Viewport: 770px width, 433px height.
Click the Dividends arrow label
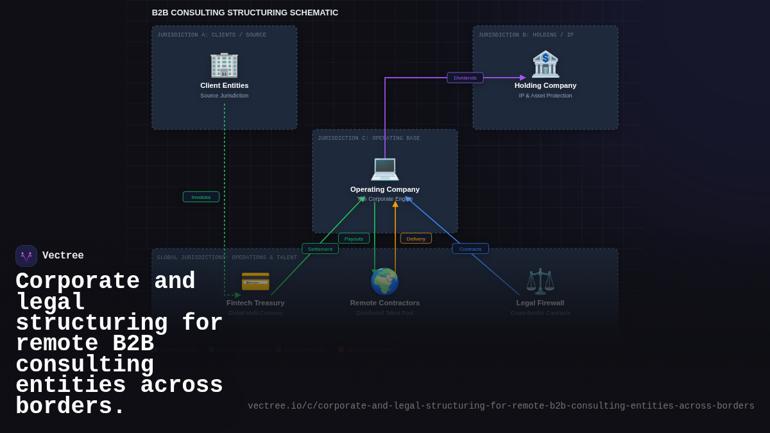click(x=465, y=78)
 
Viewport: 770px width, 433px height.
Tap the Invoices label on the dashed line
click(x=201, y=197)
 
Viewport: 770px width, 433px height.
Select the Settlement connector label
click(x=320, y=249)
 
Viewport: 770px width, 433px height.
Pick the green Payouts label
click(x=354, y=239)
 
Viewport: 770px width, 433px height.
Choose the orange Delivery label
click(x=416, y=239)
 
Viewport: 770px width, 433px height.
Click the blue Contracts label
click(x=470, y=249)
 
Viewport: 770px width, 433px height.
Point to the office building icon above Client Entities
click(x=224, y=64)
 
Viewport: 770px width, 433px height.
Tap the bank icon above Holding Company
click(x=545, y=64)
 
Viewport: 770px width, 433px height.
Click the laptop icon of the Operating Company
click(x=385, y=168)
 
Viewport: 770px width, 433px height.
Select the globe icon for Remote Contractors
click(x=385, y=282)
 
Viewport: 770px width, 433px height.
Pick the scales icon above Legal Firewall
click(x=540, y=282)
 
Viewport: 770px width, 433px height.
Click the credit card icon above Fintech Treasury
click(x=255, y=282)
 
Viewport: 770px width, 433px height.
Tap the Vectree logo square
click(x=26, y=256)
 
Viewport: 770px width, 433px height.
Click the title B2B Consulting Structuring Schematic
click(x=245, y=13)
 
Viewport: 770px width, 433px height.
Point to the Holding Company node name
click(x=545, y=85)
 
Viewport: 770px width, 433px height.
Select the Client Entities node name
click(x=224, y=85)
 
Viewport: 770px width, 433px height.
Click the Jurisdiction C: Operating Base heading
click(x=369, y=139)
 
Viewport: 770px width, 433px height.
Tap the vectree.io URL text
click(x=501, y=406)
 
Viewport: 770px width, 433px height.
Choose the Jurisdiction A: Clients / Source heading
click(x=212, y=35)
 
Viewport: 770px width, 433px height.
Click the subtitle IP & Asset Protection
click(x=545, y=96)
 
